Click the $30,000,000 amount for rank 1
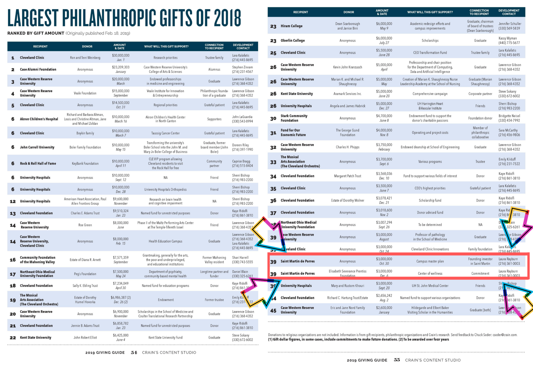click(121, 55)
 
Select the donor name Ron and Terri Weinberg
click(85, 58)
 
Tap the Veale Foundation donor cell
click(85, 93)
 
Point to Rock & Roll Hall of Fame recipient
click(38, 163)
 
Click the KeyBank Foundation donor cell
click(85, 163)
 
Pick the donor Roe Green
click(85, 225)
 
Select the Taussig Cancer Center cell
click(165, 133)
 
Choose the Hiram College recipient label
click(291, 26)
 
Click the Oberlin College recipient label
click(293, 41)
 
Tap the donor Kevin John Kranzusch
click(347, 67)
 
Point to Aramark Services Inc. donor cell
click(347, 94)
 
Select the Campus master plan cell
click(430, 261)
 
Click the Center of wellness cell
click(430, 274)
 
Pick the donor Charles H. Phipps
click(347, 147)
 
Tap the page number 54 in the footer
click(134, 352)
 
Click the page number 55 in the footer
click(397, 360)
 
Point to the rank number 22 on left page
click(13, 338)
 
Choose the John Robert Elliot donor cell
click(85, 338)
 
